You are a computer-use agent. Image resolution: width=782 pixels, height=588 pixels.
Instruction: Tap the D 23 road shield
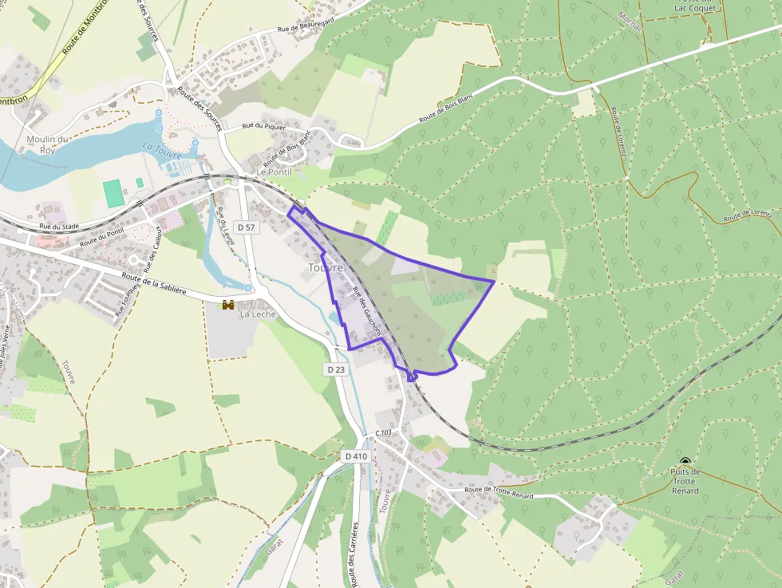tap(336, 369)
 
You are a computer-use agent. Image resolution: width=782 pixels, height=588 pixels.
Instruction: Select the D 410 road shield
tap(357, 456)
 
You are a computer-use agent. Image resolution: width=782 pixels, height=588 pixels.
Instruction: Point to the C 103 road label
tap(384, 432)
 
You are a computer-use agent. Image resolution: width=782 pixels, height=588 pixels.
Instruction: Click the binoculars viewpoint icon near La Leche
tap(228, 304)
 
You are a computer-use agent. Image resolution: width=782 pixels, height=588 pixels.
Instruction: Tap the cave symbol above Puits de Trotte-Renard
tap(685, 461)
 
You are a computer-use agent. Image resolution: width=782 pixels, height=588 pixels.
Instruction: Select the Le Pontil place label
tap(274, 172)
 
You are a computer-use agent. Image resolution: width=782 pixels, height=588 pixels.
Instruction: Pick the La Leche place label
tap(257, 314)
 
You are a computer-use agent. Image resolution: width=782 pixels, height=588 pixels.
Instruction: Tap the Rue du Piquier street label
tap(263, 125)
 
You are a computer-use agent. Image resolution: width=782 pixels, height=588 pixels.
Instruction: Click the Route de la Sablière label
tap(154, 285)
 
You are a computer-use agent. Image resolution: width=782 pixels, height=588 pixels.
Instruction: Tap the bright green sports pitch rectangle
tap(113, 191)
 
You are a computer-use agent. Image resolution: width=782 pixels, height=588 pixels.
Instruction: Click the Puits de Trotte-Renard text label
tap(685, 481)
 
